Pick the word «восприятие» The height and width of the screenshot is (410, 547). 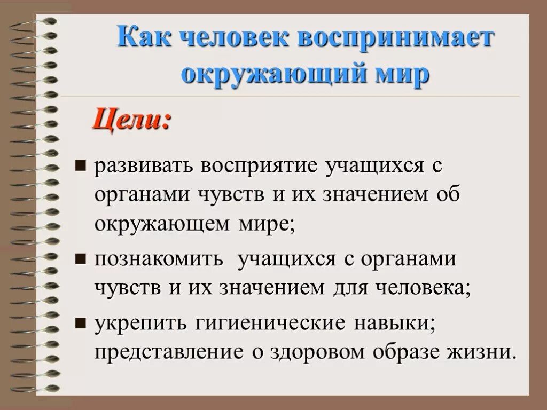pos(260,165)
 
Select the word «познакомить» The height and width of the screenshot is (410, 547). pos(158,260)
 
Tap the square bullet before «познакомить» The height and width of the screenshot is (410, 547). pos(81,259)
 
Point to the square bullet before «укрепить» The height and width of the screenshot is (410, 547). pos(81,322)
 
